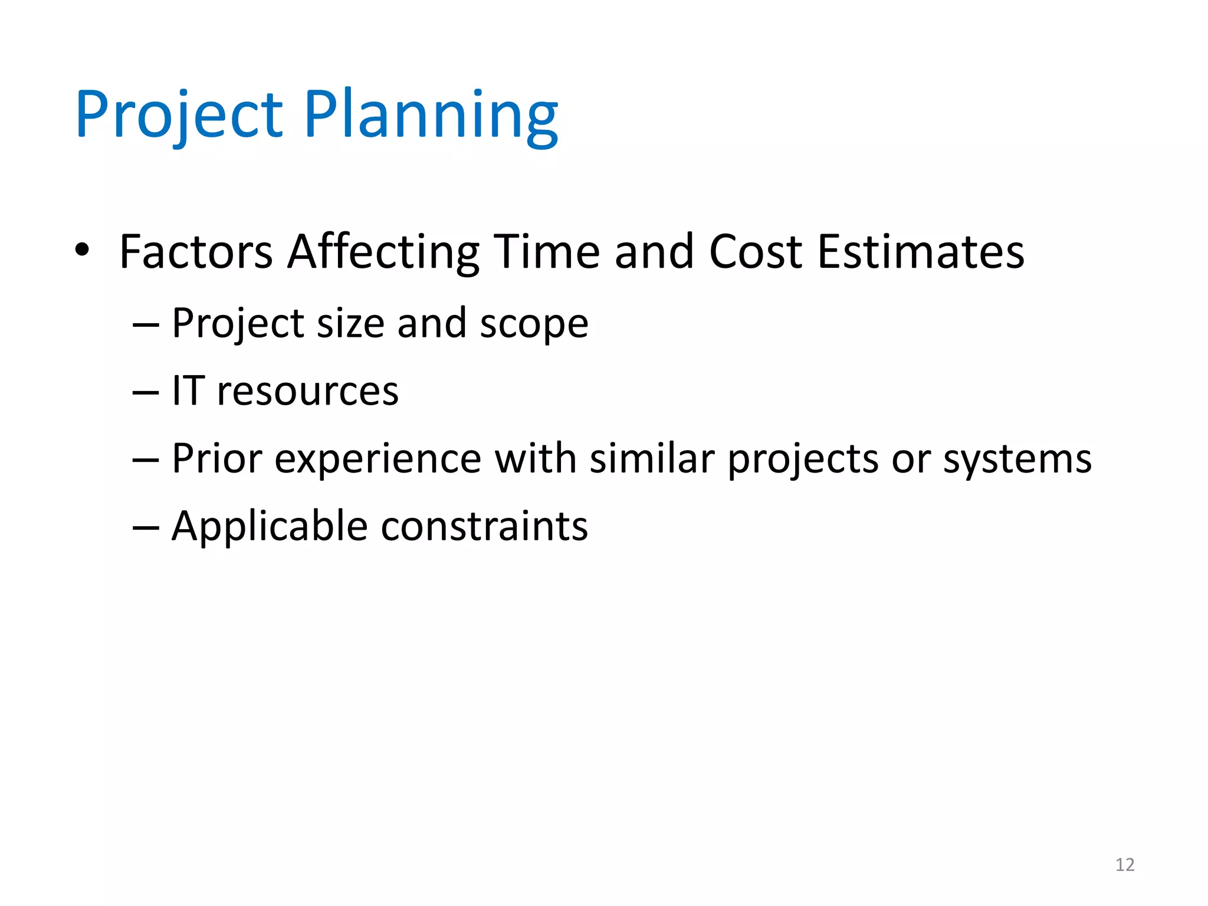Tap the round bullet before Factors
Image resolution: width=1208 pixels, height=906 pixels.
(x=82, y=250)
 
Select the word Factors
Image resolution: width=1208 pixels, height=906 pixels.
(x=196, y=252)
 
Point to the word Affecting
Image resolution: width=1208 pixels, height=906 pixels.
(x=383, y=252)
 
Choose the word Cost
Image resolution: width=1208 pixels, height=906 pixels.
(x=756, y=252)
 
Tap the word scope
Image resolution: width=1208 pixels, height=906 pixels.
(x=534, y=324)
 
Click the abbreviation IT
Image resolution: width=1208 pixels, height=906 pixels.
(x=188, y=391)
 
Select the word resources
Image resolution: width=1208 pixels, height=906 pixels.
(x=308, y=392)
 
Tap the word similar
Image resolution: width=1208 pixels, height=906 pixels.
(x=652, y=459)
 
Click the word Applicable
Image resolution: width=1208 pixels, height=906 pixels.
(x=270, y=527)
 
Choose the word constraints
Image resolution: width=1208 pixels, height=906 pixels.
(x=484, y=527)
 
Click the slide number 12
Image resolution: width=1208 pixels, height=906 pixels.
(x=1125, y=865)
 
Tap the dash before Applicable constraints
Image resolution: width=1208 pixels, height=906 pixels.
(x=146, y=527)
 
